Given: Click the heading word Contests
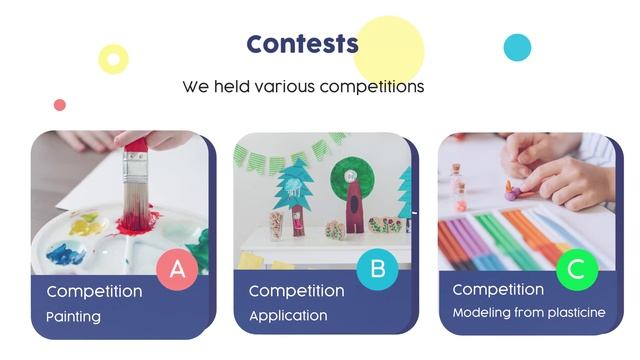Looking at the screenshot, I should click(302, 44).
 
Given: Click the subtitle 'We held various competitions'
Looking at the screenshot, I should click(303, 86).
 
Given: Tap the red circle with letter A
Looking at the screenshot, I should click(178, 268).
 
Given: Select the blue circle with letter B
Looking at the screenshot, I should click(377, 268).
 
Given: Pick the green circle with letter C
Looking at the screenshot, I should click(576, 268).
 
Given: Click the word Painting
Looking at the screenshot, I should click(73, 317).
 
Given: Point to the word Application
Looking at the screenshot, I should click(288, 316).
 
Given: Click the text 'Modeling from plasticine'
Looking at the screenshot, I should click(529, 313).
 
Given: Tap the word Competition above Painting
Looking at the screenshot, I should click(94, 292).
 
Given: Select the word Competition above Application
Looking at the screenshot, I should click(296, 291).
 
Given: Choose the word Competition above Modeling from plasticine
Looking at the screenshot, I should click(500, 289).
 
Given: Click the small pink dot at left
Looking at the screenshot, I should click(60, 105).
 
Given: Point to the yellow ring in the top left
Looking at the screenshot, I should click(114, 59).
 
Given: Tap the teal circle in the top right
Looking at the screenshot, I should click(517, 47).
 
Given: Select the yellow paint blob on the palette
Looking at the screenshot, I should click(86, 225).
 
